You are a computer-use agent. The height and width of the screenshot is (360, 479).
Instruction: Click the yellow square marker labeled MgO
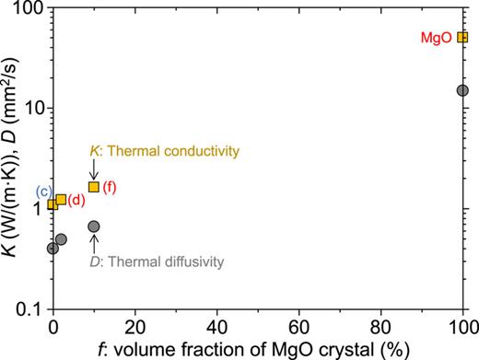462,38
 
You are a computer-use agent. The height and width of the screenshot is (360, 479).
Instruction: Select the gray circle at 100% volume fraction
462,90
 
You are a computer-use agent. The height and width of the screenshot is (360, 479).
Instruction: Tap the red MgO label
437,38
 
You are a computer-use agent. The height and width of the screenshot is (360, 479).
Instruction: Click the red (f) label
110,187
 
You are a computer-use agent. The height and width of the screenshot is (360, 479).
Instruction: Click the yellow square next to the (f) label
93,187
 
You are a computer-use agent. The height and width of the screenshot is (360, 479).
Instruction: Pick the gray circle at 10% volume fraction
93,226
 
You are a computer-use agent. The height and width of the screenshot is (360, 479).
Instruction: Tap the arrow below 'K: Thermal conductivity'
93,168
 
